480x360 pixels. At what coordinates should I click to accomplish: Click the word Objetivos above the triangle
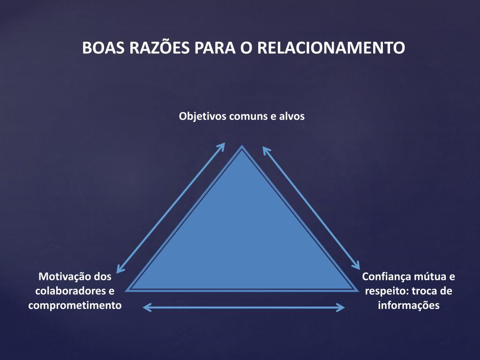202,116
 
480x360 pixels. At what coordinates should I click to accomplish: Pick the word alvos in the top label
292,116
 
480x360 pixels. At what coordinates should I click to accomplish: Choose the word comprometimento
75,306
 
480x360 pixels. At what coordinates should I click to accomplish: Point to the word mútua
430,277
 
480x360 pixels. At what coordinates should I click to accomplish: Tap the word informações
409,306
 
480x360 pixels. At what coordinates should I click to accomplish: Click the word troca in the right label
426,291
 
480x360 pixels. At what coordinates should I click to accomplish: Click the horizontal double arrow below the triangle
244,307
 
